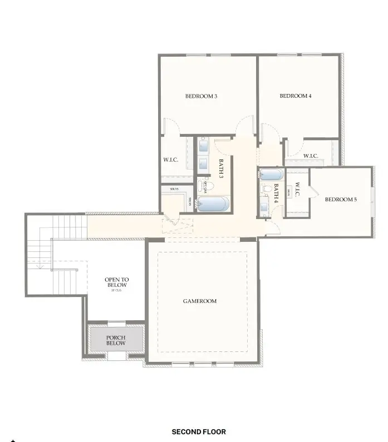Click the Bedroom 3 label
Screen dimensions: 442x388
click(x=201, y=96)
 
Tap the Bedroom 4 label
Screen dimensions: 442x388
click(x=295, y=96)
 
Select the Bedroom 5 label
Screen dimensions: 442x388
click(x=341, y=200)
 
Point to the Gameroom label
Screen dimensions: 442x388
click(x=200, y=301)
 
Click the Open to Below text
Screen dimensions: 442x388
click(x=117, y=283)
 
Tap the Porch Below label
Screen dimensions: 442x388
click(x=116, y=340)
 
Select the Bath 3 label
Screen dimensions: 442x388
click(x=220, y=168)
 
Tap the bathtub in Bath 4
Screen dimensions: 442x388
click(x=272, y=175)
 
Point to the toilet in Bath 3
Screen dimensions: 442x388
click(x=204, y=185)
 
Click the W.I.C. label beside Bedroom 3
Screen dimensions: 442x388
click(x=170, y=160)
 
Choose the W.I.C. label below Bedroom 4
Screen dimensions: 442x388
click(x=310, y=156)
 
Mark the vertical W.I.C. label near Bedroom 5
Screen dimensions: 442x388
click(x=297, y=190)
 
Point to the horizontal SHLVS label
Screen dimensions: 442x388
click(x=175, y=188)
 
